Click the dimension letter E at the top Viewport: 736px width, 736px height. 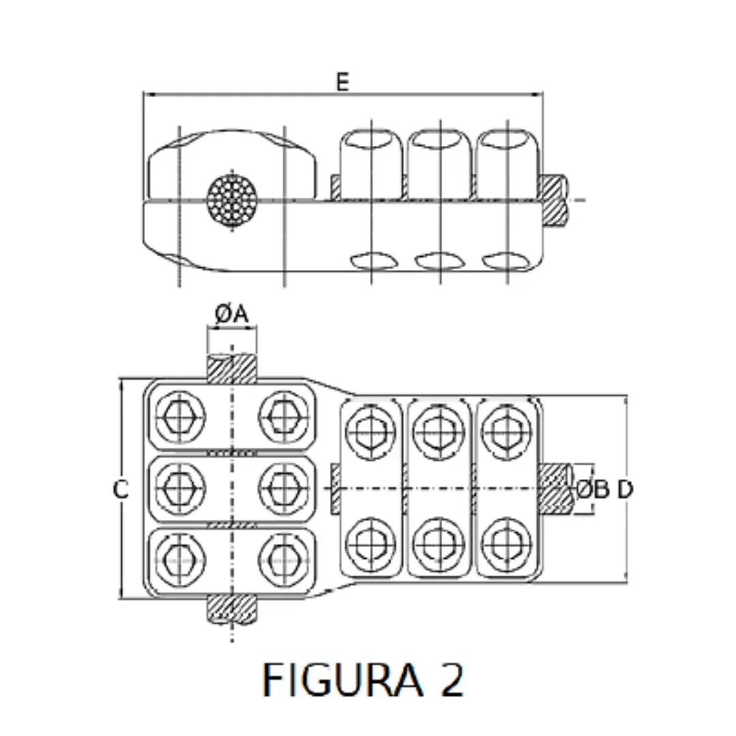pos(342,82)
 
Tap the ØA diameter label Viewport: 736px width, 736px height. pos(232,314)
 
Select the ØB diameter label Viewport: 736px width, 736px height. pos(592,489)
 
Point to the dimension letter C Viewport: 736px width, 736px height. pos(121,489)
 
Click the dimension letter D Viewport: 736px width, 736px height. pos(625,489)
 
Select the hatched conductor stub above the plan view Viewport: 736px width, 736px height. pos(232,369)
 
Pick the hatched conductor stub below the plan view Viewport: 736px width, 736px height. pos(232,608)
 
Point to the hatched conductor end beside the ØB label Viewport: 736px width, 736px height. pos(556,489)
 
